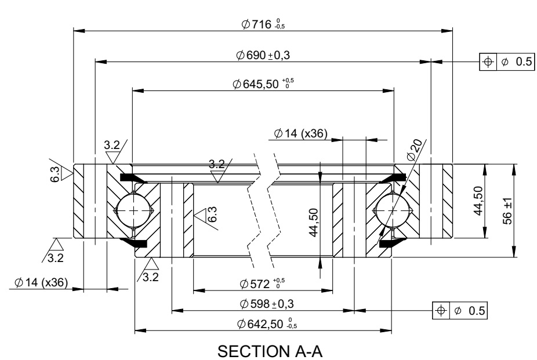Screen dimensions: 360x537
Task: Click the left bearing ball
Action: click(133, 210)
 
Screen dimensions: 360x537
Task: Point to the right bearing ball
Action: click(393, 210)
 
